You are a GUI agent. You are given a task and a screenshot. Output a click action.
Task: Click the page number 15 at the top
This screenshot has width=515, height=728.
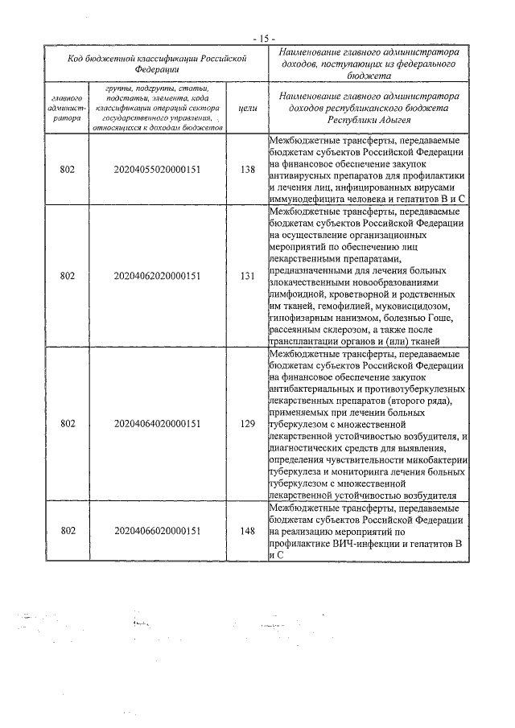pos(262,38)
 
